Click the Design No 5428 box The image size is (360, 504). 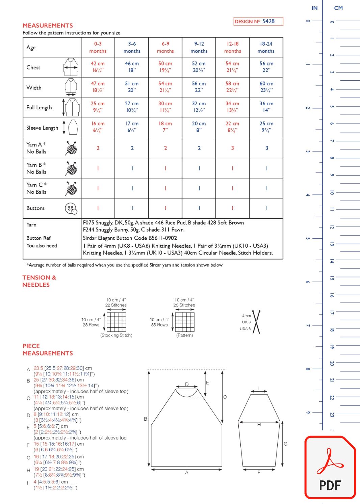click(258, 21)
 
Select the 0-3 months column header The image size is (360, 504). click(98, 47)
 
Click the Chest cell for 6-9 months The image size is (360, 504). click(165, 67)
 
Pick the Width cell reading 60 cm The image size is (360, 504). click(266, 87)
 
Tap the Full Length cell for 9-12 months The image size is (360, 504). click(199, 107)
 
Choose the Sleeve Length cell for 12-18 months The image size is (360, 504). click(232, 127)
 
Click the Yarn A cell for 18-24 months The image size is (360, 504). click(266, 148)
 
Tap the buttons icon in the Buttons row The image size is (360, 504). click(71, 209)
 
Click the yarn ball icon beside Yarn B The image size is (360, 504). click(71, 168)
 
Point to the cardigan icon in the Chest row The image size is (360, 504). click(71, 67)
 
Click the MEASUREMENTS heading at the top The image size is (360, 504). click(48, 26)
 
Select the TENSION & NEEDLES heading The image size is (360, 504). click(39, 281)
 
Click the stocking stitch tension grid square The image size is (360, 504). click(117, 322)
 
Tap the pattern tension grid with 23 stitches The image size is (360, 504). click(185, 322)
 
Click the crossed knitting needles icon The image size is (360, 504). click(256, 322)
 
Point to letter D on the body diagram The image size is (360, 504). click(187, 384)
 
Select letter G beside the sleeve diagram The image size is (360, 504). click(286, 444)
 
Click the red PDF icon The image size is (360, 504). click(330, 468)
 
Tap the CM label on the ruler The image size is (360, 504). click(338, 8)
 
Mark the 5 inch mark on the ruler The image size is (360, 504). click(308, 238)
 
